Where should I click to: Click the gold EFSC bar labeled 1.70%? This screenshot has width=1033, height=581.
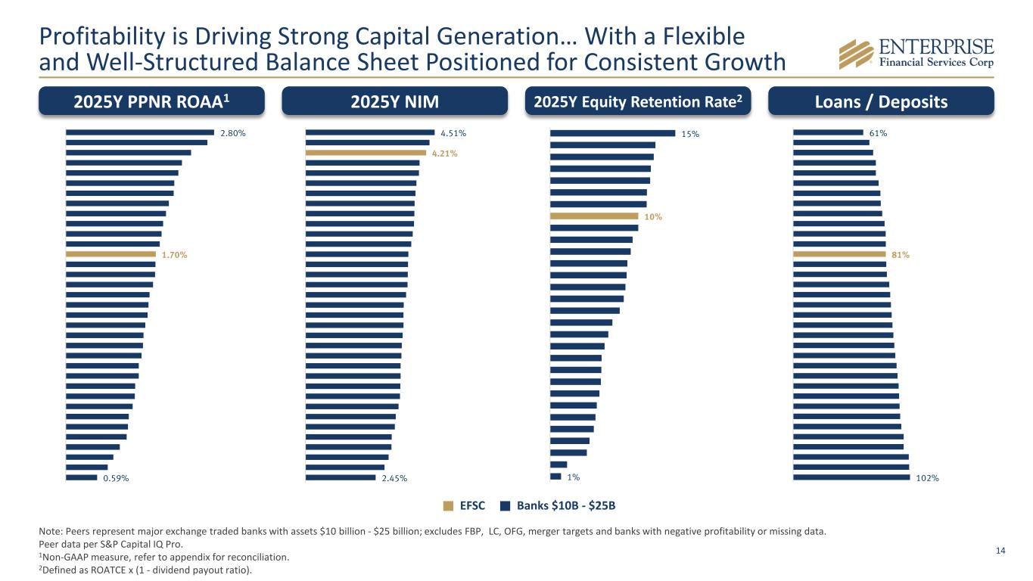pos(110,254)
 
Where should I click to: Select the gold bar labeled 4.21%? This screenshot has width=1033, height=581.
pos(366,153)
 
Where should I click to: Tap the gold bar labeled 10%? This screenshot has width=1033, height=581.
pos(594,216)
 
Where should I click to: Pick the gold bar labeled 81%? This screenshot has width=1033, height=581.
pos(839,254)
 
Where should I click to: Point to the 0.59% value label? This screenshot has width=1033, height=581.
pos(116,477)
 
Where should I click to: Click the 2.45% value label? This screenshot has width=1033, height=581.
pos(394,477)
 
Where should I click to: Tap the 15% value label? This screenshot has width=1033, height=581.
pos(689,134)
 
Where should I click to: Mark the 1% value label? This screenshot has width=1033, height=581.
pos(574,477)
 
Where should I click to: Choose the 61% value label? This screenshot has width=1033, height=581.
pos(878,133)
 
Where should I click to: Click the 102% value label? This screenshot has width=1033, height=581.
pos(928,477)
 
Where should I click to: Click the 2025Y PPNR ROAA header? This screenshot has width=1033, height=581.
pos(151,101)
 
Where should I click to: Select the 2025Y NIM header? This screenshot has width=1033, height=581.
pos(394,101)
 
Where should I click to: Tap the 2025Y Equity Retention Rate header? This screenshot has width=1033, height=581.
pos(638,101)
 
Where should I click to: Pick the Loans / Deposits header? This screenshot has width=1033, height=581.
pos(881,101)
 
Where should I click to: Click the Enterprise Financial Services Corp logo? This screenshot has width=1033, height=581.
pos(916,52)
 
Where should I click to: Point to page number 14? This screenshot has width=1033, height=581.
pos(1000,550)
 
